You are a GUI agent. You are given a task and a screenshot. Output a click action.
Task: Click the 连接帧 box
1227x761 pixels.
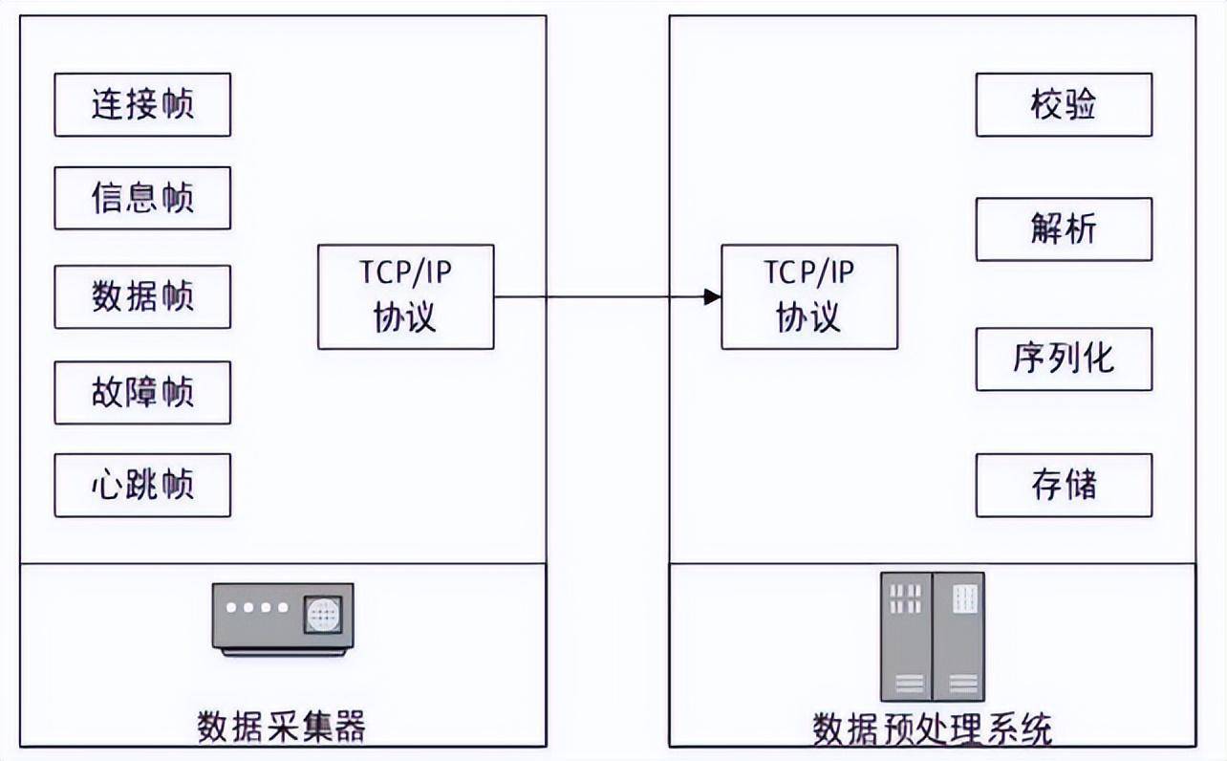[x=142, y=104]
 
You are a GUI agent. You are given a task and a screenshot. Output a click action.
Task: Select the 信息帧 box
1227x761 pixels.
[x=142, y=198]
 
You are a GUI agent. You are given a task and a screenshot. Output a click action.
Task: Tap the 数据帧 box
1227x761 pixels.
[x=142, y=296]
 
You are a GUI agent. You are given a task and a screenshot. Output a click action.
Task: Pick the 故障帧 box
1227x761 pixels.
[x=142, y=392]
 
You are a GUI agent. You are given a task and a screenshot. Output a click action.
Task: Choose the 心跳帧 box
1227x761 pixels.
[x=142, y=485]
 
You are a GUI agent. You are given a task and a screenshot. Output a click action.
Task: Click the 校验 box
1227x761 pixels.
[x=1064, y=104]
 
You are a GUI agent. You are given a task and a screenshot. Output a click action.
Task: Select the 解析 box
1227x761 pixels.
[x=1064, y=229]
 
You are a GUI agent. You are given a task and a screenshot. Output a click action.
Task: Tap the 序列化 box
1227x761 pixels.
[x=1064, y=359]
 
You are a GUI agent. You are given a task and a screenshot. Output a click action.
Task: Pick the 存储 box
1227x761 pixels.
[x=1064, y=485]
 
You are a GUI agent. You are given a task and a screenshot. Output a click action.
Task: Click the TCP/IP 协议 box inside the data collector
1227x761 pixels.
[x=406, y=296]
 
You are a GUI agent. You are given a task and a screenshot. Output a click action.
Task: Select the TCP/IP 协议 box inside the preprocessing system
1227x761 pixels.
[x=809, y=296]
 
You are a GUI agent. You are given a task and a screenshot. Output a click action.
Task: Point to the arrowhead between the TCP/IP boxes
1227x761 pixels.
[x=712, y=296]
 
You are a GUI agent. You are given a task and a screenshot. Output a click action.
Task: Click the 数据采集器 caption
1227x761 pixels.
[x=282, y=727]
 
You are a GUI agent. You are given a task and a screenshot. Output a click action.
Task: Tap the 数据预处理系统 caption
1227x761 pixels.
[x=932, y=728]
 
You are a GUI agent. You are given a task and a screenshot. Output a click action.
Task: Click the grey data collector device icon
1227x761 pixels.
[x=282, y=618]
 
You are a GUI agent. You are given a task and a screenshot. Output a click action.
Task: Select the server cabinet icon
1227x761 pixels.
[x=932, y=637]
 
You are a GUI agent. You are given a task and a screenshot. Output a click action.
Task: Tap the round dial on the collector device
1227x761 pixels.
[x=322, y=613]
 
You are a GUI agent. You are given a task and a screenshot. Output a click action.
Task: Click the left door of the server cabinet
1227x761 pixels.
[x=906, y=637]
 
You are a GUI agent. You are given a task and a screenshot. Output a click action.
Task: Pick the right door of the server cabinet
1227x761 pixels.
[x=958, y=637]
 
